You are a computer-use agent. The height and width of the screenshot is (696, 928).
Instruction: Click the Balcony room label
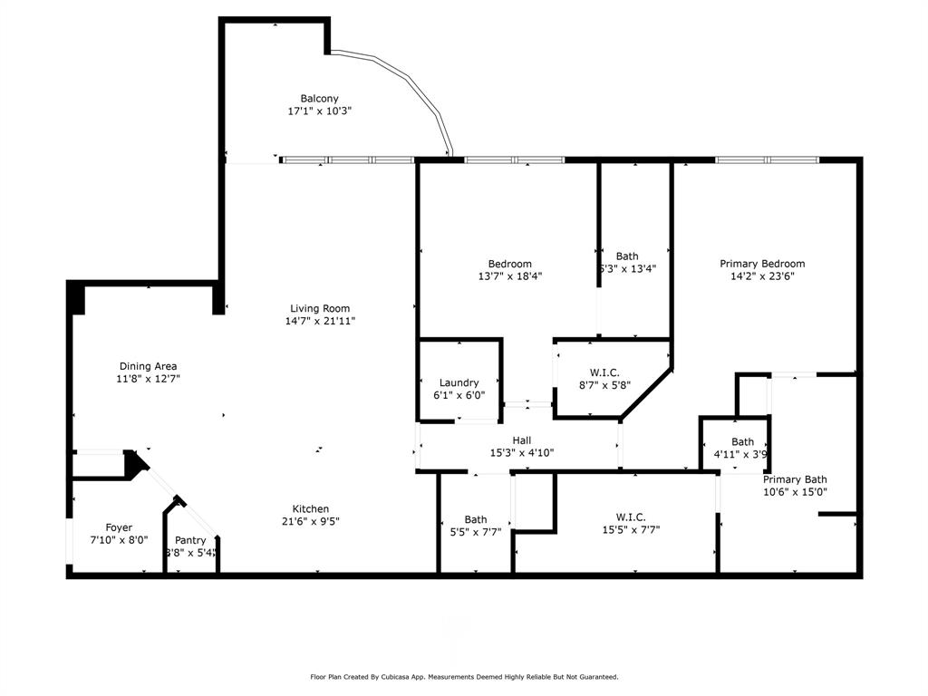click(319, 99)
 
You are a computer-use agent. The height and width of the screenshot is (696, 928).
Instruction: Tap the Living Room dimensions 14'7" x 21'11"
click(319, 321)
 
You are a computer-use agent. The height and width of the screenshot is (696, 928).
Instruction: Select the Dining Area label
click(148, 366)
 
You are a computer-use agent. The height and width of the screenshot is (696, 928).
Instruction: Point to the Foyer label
click(119, 527)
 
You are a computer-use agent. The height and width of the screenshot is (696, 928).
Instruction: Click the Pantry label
click(190, 540)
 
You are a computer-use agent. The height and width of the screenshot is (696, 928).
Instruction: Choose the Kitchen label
click(310, 508)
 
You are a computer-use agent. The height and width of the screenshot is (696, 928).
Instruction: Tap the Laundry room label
click(459, 382)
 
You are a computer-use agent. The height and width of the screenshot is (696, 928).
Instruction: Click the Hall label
click(521, 440)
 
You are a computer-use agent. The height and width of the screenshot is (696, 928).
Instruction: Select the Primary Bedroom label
click(762, 264)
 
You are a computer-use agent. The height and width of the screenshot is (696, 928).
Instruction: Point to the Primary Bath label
click(794, 479)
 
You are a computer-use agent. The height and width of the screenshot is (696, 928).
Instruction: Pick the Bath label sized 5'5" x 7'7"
click(476, 519)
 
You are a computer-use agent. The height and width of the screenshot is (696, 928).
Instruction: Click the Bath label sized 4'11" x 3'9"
click(742, 442)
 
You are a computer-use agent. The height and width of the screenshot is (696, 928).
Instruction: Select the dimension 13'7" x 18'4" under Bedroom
click(510, 276)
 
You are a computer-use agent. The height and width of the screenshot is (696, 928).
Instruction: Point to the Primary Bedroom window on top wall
click(767, 160)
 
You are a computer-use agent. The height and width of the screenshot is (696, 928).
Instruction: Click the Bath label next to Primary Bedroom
click(626, 256)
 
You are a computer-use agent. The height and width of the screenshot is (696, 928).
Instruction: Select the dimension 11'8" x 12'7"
click(148, 379)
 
